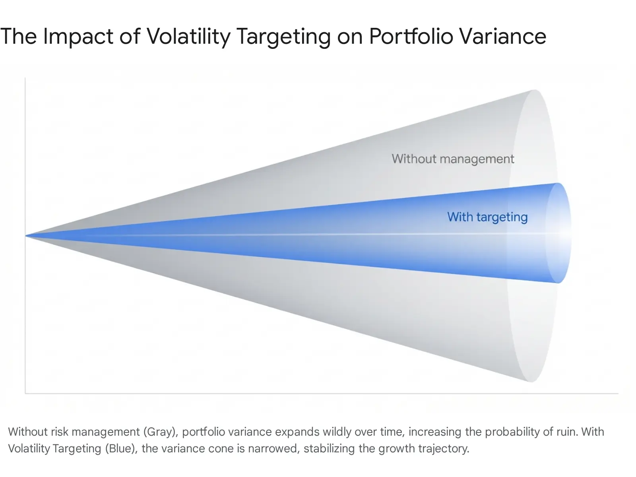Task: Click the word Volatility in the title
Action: [189, 37]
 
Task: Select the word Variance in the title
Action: [503, 37]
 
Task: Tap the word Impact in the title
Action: [78, 37]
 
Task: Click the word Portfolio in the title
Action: [411, 37]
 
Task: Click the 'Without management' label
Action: [453, 159]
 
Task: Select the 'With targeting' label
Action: [487, 217]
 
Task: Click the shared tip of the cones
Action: [25, 236]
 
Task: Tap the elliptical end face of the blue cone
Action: [558, 233]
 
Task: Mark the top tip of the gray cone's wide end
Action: [534, 90]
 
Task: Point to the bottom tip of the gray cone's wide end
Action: [531, 382]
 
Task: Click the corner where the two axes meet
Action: [25, 394]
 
